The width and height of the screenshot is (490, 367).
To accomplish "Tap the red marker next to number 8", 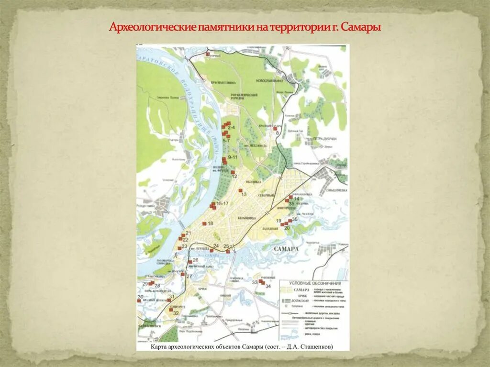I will [275, 129].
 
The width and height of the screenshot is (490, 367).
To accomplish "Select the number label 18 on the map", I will [210, 223].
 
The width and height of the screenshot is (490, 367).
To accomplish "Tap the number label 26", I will [195, 260].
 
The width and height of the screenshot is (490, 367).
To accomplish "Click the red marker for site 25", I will [228, 251].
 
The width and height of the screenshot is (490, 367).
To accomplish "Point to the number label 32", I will [176, 313].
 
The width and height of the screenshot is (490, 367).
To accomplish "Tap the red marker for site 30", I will [139, 300].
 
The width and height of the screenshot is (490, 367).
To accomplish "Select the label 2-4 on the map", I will [231, 128].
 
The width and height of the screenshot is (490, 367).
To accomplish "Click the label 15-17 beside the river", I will [223, 204].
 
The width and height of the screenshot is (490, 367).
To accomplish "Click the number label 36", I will [295, 219].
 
